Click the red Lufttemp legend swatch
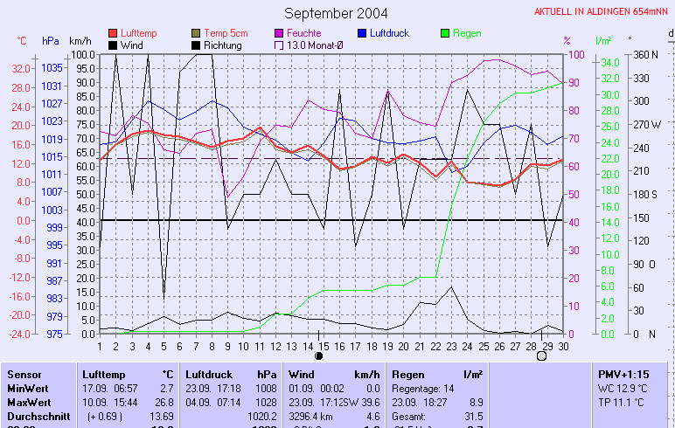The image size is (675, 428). (x=113, y=33)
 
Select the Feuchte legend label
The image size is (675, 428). (x=305, y=33)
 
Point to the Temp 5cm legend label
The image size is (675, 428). (x=226, y=33)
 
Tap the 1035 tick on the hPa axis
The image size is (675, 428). (x=52, y=68)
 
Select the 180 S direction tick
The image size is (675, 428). (x=644, y=194)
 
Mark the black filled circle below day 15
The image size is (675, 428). (x=319, y=356)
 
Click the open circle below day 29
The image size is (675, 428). (x=541, y=356)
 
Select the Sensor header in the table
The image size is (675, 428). (x=24, y=374)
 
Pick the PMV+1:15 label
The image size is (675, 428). (x=622, y=374)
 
